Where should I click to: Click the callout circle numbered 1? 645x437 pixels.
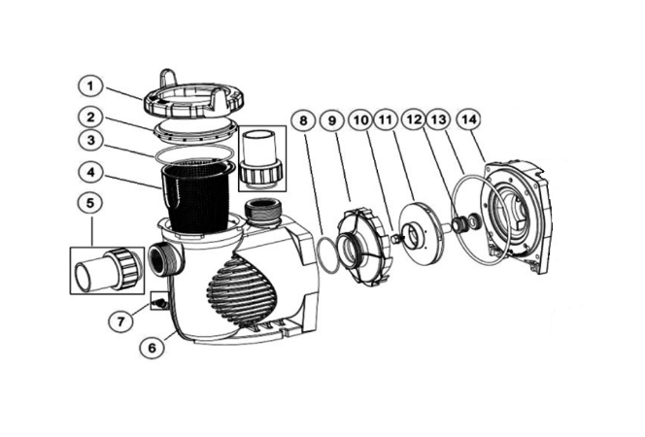tap(90, 86)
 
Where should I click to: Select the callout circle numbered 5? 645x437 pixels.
tap(90, 203)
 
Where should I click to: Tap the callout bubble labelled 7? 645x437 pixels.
tap(120, 321)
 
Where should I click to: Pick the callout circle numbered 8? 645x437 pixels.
tap(303, 121)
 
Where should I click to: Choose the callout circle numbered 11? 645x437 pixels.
tap(386, 120)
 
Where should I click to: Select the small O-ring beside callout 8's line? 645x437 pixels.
tap(328, 254)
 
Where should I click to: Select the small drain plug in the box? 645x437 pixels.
tap(158, 303)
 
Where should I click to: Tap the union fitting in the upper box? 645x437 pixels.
tap(262, 158)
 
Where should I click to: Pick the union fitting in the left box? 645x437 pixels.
tap(108, 270)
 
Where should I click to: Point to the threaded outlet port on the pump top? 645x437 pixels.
tap(263, 213)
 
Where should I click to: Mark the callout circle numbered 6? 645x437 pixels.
tap(153, 348)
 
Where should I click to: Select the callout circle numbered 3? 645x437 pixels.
tap(90, 140)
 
